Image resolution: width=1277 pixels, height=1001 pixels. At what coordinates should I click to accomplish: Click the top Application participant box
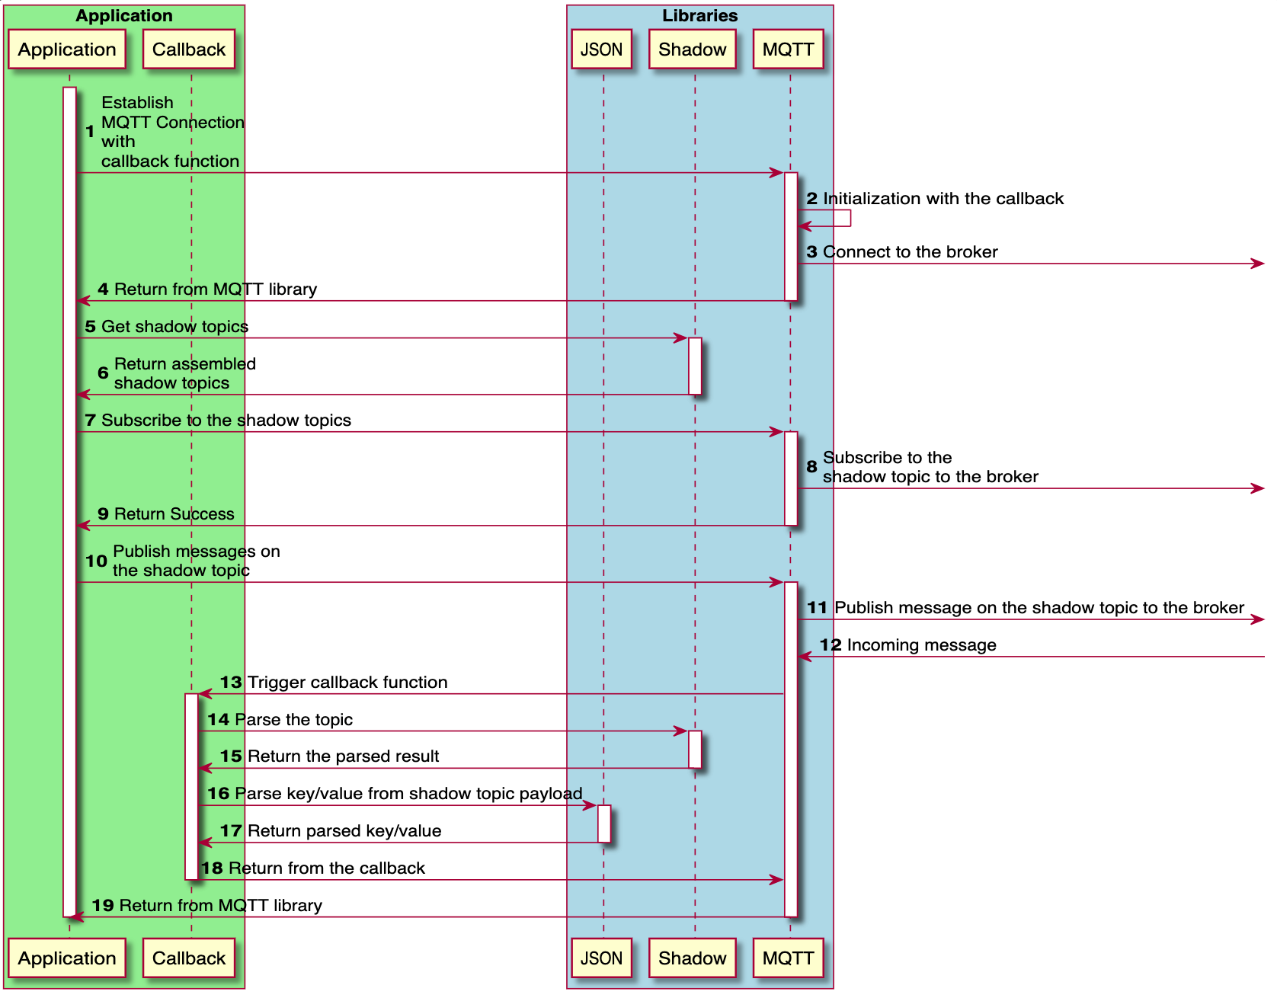pos(67,50)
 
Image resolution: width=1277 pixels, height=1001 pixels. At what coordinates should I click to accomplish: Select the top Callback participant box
pos(189,50)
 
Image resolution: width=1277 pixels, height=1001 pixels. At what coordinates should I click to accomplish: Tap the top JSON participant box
pos(602,50)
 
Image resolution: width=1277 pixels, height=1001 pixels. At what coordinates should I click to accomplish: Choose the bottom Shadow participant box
pos(693,958)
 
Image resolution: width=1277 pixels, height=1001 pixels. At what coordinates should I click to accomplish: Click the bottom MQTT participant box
pos(789,958)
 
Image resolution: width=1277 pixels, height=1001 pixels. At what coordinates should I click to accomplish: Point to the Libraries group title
pos(699,15)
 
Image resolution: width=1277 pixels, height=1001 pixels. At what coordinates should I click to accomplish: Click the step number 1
pos(90,132)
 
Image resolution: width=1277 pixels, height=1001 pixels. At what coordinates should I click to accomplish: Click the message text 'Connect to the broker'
pos(910,252)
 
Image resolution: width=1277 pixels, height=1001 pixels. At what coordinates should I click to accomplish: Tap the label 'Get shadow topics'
pos(174,327)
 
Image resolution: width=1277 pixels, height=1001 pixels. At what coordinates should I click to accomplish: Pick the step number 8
pos(811,466)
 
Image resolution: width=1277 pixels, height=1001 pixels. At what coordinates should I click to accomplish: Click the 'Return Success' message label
pos(174,514)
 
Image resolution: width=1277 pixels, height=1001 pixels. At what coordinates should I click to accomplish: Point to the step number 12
pos(831,645)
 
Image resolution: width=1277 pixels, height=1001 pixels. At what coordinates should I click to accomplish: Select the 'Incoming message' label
pos(921,645)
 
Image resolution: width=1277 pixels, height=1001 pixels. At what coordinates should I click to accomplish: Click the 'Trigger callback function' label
pos(347,683)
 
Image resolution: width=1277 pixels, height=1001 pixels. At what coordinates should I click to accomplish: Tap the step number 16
pos(219,794)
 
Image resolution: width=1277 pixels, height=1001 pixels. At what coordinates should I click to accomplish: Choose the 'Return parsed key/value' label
pos(344,831)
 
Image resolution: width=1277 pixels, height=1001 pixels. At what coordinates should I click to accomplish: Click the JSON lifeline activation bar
pos(604,824)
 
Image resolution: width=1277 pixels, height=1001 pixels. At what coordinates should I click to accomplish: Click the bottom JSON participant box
pos(602,958)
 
